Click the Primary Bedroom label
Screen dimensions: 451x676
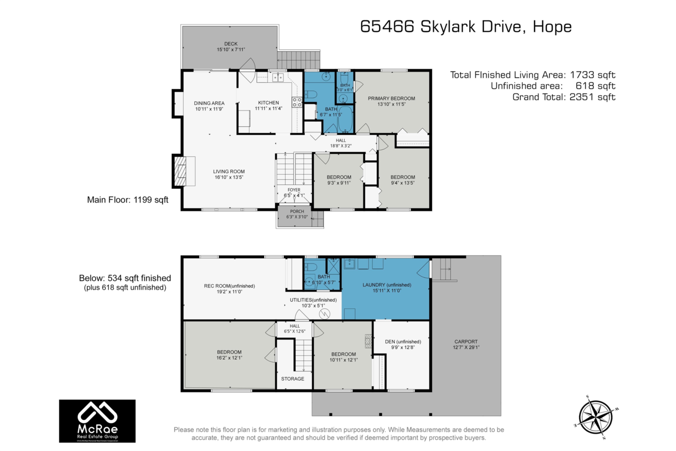click(392, 98)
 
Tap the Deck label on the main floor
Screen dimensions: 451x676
click(230, 43)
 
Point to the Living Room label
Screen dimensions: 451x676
click(229, 171)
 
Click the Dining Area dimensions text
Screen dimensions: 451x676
click(210, 109)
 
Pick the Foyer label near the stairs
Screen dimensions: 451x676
click(294, 190)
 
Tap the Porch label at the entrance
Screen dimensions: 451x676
click(293, 211)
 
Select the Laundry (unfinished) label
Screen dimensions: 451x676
click(386, 285)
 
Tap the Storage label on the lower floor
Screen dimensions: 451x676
click(292, 378)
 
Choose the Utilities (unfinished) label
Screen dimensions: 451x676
click(313, 300)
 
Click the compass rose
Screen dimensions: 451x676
click(595, 417)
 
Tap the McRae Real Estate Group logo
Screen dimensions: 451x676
click(97, 421)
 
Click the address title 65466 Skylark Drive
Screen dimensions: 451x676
click(465, 27)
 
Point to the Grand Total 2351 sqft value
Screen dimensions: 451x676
click(591, 97)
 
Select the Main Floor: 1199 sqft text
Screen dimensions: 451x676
click(127, 200)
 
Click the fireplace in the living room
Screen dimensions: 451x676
click(180, 171)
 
